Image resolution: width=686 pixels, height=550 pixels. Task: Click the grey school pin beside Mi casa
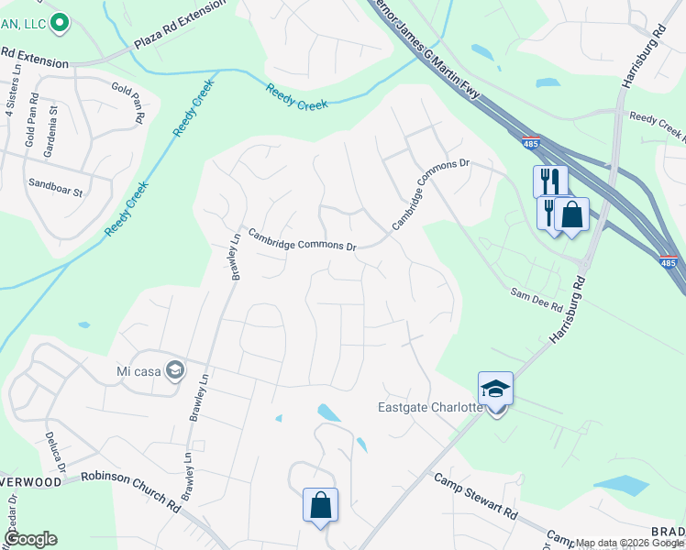(x=175, y=370)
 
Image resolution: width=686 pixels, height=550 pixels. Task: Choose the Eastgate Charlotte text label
(x=430, y=407)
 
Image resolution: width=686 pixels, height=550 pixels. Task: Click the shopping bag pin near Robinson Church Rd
(x=320, y=505)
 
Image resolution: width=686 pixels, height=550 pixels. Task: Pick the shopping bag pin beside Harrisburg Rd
(x=571, y=216)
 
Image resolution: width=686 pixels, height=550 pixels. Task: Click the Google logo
(x=29, y=538)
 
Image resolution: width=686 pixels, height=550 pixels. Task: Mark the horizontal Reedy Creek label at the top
(x=299, y=97)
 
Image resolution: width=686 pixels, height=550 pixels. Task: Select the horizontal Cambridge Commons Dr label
(x=302, y=240)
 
